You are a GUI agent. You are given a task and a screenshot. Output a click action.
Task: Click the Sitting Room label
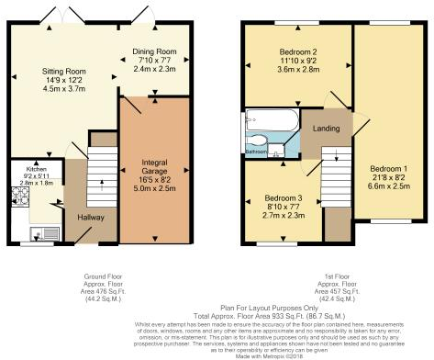coord(63,71)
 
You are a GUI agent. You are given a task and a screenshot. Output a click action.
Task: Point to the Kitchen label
coord(36,170)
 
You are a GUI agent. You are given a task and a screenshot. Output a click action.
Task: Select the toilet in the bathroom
coord(262,141)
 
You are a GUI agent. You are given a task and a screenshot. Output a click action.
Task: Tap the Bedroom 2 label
coord(296,51)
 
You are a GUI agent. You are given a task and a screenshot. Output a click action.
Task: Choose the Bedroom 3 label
coord(284,198)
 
